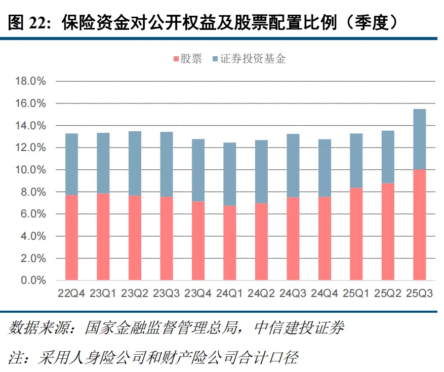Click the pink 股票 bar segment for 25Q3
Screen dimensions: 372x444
coord(420,225)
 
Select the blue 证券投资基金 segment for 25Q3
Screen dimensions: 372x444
coord(420,139)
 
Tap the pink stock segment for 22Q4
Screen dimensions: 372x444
coord(71,237)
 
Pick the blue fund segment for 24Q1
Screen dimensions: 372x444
coord(230,174)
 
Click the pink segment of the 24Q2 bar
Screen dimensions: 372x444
coord(261,241)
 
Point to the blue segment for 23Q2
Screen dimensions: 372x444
coord(135,163)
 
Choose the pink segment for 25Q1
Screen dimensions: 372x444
coord(356,234)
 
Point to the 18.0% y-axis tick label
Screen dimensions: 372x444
coord(31,81)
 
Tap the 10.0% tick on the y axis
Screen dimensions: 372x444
coord(31,170)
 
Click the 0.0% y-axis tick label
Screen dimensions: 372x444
coord(33,280)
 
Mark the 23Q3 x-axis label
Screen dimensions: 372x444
coord(166,293)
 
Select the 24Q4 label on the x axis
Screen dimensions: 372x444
coord(325,293)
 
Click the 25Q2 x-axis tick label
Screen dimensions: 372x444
coord(388,293)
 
